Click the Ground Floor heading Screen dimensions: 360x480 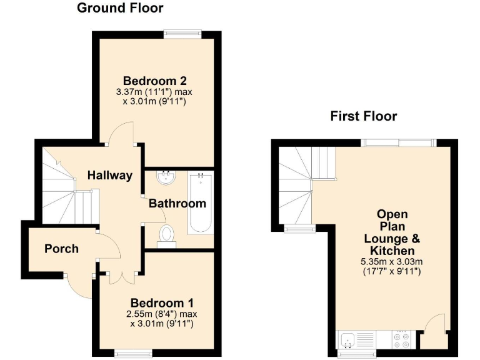click(120, 8)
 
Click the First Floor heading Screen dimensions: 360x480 click(363, 116)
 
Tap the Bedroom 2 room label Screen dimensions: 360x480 click(155, 81)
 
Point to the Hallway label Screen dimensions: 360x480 click(109, 175)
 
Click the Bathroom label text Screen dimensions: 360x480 click(177, 203)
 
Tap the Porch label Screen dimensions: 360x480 click(62, 249)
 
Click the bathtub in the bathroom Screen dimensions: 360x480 click(201, 203)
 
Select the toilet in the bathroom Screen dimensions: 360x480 click(167, 235)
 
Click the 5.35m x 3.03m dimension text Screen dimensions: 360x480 click(392, 261)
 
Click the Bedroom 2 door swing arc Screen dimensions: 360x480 click(121, 132)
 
